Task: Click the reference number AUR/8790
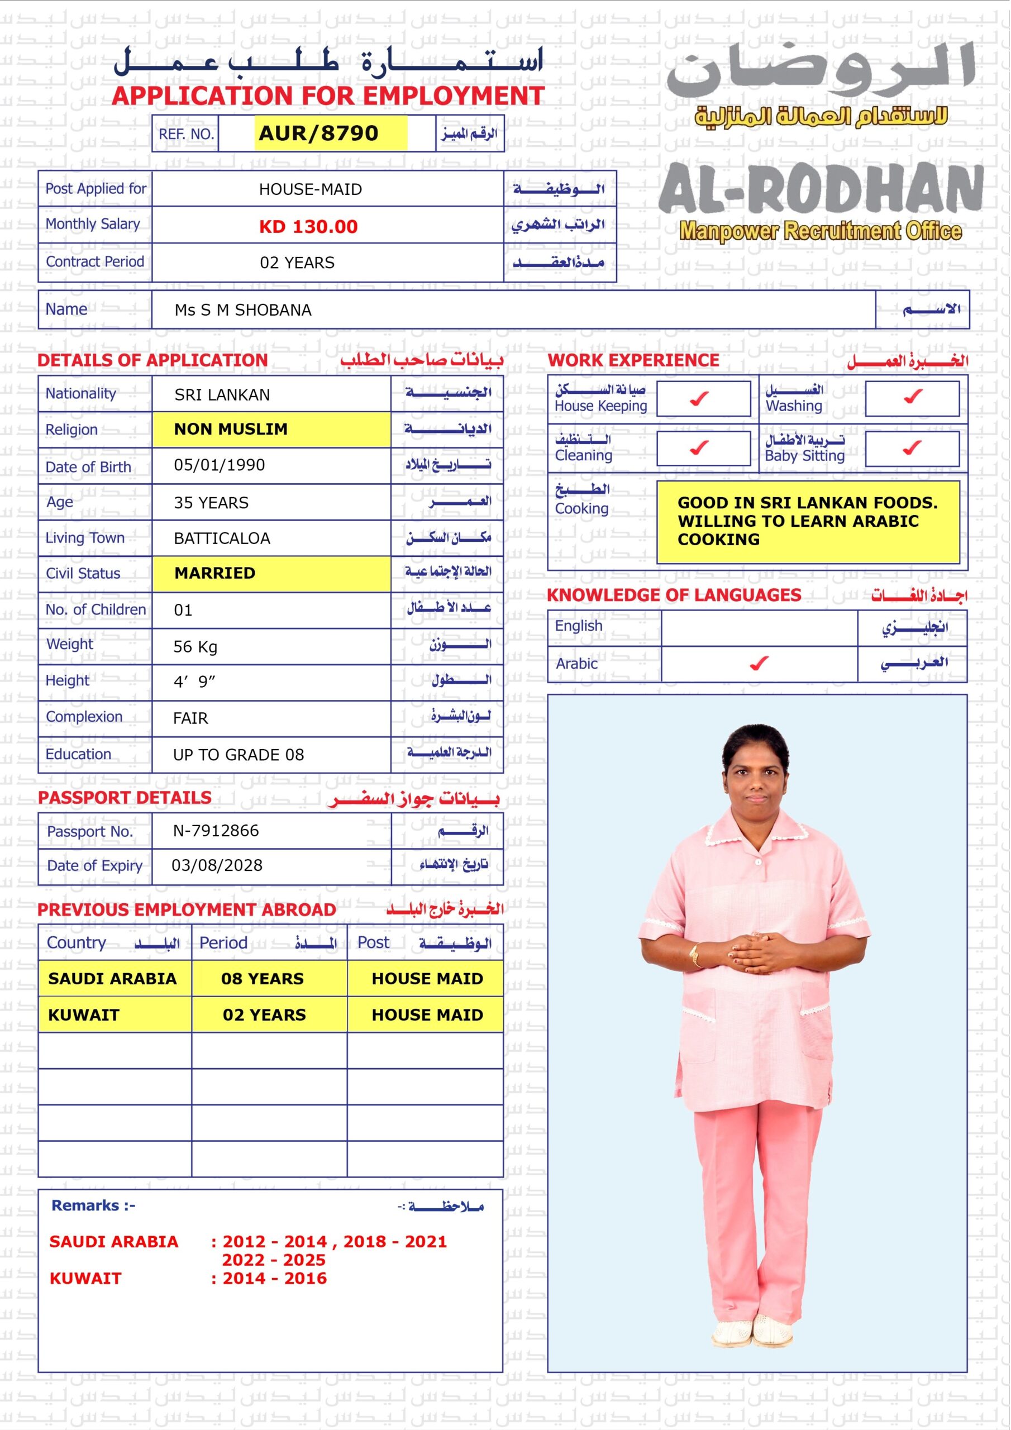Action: pos(318,134)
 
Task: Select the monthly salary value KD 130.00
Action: pos(308,227)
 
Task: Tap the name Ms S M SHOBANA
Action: pos(243,310)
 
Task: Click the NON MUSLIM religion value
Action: pos(231,429)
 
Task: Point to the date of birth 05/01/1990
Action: pos(220,465)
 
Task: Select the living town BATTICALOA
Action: pos(222,538)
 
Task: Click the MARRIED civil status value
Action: pos(215,573)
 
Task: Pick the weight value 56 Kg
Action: pos(195,647)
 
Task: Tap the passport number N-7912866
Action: pos(216,831)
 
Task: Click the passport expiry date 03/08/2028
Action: pos(217,866)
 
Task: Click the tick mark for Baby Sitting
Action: pos(912,448)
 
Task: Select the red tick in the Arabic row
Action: pos(759,664)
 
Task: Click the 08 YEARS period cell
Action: pos(263,979)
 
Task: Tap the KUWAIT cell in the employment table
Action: pos(83,1015)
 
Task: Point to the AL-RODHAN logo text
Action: pos(821,189)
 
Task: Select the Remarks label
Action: pos(93,1206)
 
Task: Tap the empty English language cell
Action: pos(759,628)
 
